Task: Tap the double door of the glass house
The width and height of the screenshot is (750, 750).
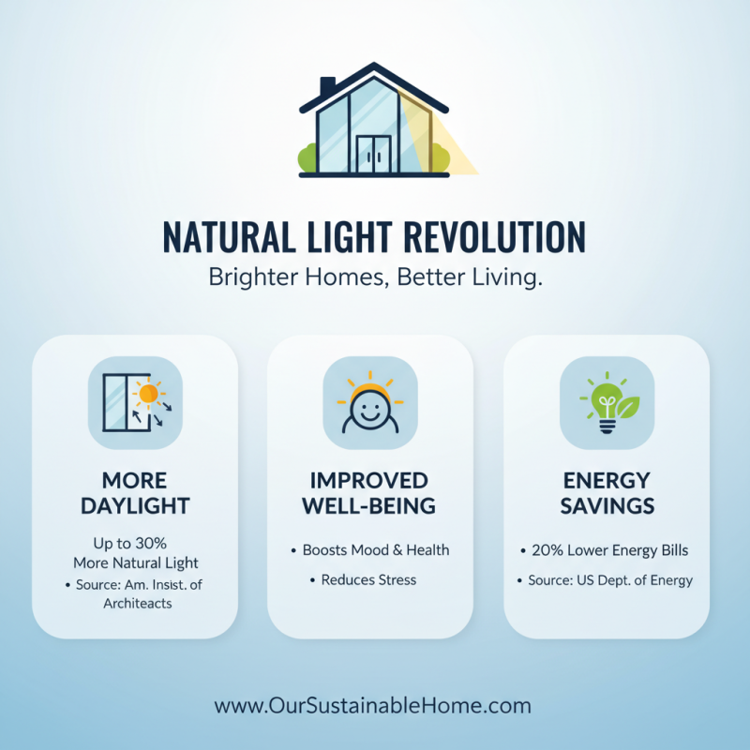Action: [373, 154]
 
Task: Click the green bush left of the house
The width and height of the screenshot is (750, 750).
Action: [308, 158]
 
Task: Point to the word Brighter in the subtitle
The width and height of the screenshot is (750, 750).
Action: [246, 277]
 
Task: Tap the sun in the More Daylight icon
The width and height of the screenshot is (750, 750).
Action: [147, 390]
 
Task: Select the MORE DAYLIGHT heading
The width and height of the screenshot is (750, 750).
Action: [134, 493]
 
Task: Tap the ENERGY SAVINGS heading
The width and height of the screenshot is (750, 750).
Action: [607, 493]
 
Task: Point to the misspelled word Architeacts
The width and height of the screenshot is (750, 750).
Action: [139, 603]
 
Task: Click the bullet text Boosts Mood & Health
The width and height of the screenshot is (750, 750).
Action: [376, 550]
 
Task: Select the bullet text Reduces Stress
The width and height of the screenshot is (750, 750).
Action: [368, 580]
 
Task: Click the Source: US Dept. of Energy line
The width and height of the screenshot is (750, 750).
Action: [610, 580]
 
